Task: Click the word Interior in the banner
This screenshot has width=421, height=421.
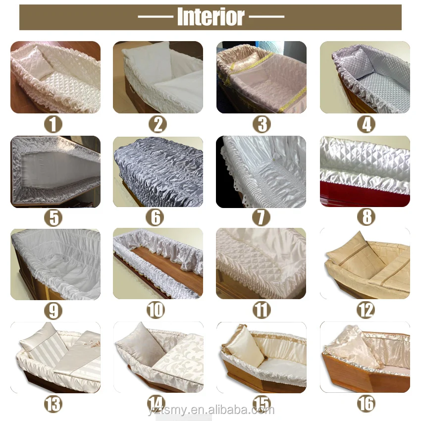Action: [210, 17]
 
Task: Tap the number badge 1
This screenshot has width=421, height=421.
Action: [53, 124]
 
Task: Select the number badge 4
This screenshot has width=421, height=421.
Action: [366, 124]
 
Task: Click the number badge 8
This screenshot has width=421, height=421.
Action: [367, 217]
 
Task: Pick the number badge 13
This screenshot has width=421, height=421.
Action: [53, 403]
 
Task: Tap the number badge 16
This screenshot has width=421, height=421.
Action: [366, 403]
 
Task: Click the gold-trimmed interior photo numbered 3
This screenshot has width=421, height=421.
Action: [261, 77]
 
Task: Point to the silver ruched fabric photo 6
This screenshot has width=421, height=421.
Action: [158, 171]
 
